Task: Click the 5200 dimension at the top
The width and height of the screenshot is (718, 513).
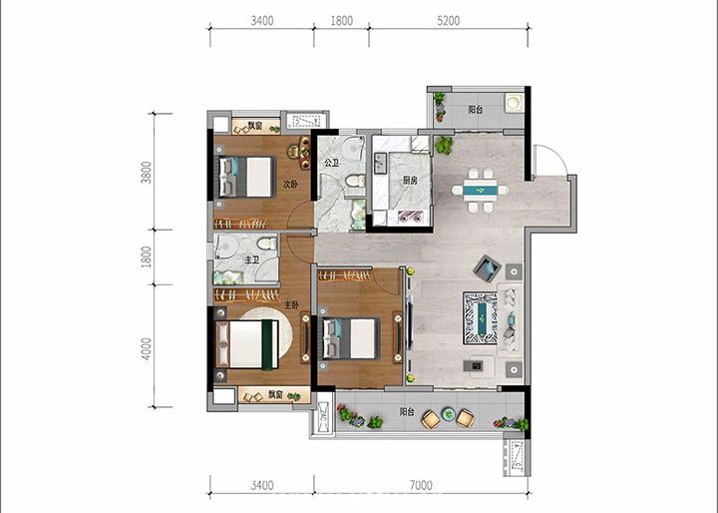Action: point(448,21)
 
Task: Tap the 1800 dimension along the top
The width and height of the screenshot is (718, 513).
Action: point(342,21)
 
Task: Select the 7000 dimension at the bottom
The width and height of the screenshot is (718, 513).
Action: point(421,485)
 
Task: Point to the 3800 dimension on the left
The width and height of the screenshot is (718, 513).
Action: point(146,172)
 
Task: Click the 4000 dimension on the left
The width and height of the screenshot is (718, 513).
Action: point(146,348)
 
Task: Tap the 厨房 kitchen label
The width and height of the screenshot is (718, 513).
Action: point(410,181)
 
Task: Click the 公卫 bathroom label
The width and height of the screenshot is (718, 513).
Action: point(331,163)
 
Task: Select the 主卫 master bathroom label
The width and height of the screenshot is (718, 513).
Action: point(251,259)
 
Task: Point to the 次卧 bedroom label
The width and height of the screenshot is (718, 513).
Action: point(290,185)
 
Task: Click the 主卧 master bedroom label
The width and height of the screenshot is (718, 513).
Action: point(291,304)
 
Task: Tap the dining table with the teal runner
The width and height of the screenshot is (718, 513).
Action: point(480,190)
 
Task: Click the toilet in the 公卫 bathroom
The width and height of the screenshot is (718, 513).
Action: point(355,181)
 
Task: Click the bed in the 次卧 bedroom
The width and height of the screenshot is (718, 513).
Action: point(246,177)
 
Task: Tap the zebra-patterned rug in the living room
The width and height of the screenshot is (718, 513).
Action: point(480,318)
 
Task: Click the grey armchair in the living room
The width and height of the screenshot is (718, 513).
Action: point(487,267)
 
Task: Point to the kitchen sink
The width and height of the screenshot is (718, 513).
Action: point(381,164)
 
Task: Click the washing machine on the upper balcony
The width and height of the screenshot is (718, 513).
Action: point(515,102)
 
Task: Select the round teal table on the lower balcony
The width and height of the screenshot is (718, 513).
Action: point(448,414)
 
